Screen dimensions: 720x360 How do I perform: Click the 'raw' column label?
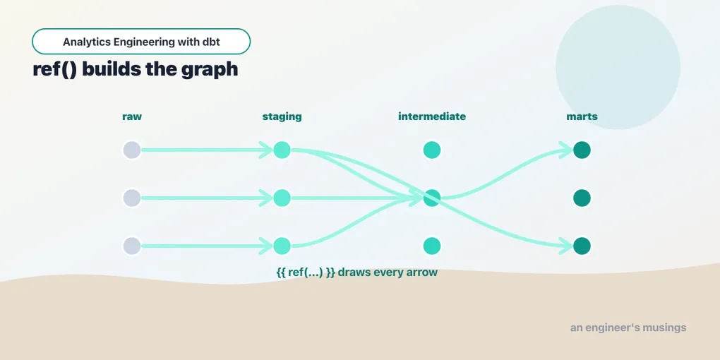pos(132,116)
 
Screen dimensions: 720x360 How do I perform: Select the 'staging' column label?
pos(282,116)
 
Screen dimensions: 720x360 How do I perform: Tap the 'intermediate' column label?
pos(431,116)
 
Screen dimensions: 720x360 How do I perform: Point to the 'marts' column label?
pos(582,116)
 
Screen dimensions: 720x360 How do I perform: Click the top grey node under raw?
pos(132,150)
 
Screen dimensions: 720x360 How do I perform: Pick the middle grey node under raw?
pos(132,198)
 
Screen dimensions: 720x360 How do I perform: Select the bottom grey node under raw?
pos(132,246)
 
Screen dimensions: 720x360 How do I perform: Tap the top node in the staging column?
pos(282,150)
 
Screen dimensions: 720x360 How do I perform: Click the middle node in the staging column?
pos(282,198)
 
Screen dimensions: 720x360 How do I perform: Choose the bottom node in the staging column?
pos(282,246)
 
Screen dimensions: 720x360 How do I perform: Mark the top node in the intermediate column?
pos(431,150)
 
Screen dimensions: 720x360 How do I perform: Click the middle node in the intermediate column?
pos(431,198)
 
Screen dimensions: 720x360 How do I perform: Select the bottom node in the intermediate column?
pos(431,246)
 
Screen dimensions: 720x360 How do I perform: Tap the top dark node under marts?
pos(582,150)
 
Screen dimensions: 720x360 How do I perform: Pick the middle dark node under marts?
pos(582,198)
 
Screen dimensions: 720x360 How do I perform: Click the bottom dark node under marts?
pos(582,246)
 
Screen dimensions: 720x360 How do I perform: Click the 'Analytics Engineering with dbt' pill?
pos(141,42)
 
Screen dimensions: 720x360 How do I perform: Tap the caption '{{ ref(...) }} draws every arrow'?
pos(356,272)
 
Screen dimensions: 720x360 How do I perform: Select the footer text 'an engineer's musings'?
pos(628,328)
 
